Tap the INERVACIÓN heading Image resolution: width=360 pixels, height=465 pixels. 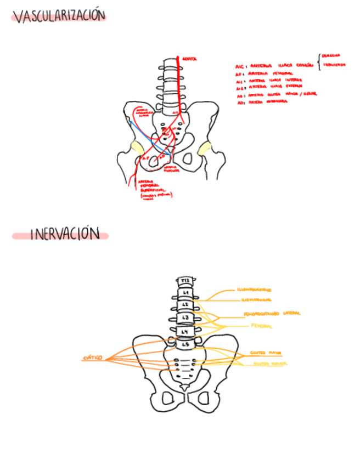point(64,235)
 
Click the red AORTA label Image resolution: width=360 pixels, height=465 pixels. point(189,58)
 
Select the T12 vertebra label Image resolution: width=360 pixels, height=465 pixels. point(185,282)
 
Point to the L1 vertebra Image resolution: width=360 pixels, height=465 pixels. point(185,293)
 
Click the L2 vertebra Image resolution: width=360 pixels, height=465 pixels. point(185,304)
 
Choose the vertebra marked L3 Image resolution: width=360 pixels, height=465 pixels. point(185,317)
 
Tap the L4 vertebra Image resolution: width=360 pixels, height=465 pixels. point(185,332)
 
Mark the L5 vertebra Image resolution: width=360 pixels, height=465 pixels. point(185,344)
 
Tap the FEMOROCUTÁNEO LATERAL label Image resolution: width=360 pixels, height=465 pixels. point(272,314)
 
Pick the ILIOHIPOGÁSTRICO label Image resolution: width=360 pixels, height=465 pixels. point(254,290)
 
